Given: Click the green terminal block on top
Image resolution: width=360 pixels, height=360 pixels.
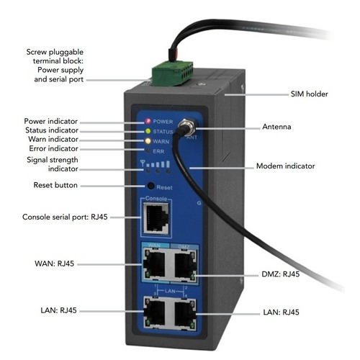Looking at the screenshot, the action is pyautogui.click(x=172, y=73).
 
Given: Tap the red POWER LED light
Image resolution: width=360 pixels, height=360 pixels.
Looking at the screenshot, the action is pyautogui.click(x=148, y=121).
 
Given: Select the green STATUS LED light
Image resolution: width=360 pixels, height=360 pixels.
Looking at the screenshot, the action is pyautogui.click(x=148, y=131).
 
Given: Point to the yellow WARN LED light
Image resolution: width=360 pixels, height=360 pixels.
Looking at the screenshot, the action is pyautogui.click(x=148, y=141).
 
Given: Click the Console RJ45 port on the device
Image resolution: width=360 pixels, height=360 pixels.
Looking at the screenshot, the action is pyautogui.click(x=156, y=218).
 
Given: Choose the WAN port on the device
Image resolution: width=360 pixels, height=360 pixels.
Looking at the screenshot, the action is pyautogui.click(x=154, y=264).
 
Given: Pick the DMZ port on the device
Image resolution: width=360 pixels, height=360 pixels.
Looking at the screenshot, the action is pyautogui.click(x=184, y=265).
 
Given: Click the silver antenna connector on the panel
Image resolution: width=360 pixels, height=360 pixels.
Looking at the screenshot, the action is pyautogui.click(x=187, y=126).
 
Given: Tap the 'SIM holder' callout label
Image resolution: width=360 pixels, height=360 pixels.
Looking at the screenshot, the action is pyautogui.click(x=309, y=94).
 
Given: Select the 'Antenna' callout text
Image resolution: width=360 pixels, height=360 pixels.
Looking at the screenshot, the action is pyautogui.click(x=276, y=127).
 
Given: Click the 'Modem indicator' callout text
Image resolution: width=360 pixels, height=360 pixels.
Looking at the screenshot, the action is pyautogui.click(x=285, y=166).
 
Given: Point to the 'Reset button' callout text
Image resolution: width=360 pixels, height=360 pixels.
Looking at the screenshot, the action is pyautogui.click(x=55, y=185).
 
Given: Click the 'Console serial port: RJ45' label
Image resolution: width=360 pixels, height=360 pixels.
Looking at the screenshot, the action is pyautogui.click(x=65, y=217).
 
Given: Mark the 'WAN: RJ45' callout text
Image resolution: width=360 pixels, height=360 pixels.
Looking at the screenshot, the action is pyautogui.click(x=54, y=264).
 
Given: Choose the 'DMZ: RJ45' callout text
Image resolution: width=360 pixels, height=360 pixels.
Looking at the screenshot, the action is pyautogui.click(x=281, y=274).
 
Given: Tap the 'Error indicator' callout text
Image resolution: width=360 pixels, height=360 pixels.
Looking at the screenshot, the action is pyautogui.click(x=53, y=148).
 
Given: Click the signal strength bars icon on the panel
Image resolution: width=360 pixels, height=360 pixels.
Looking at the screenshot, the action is pyautogui.click(x=156, y=163).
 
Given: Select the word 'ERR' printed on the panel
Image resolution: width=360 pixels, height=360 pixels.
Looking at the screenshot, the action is pyautogui.click(x=158, y=151).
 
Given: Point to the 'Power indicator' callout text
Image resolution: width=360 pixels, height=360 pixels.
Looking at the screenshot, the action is pyautogui.click(x=50, y=121).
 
